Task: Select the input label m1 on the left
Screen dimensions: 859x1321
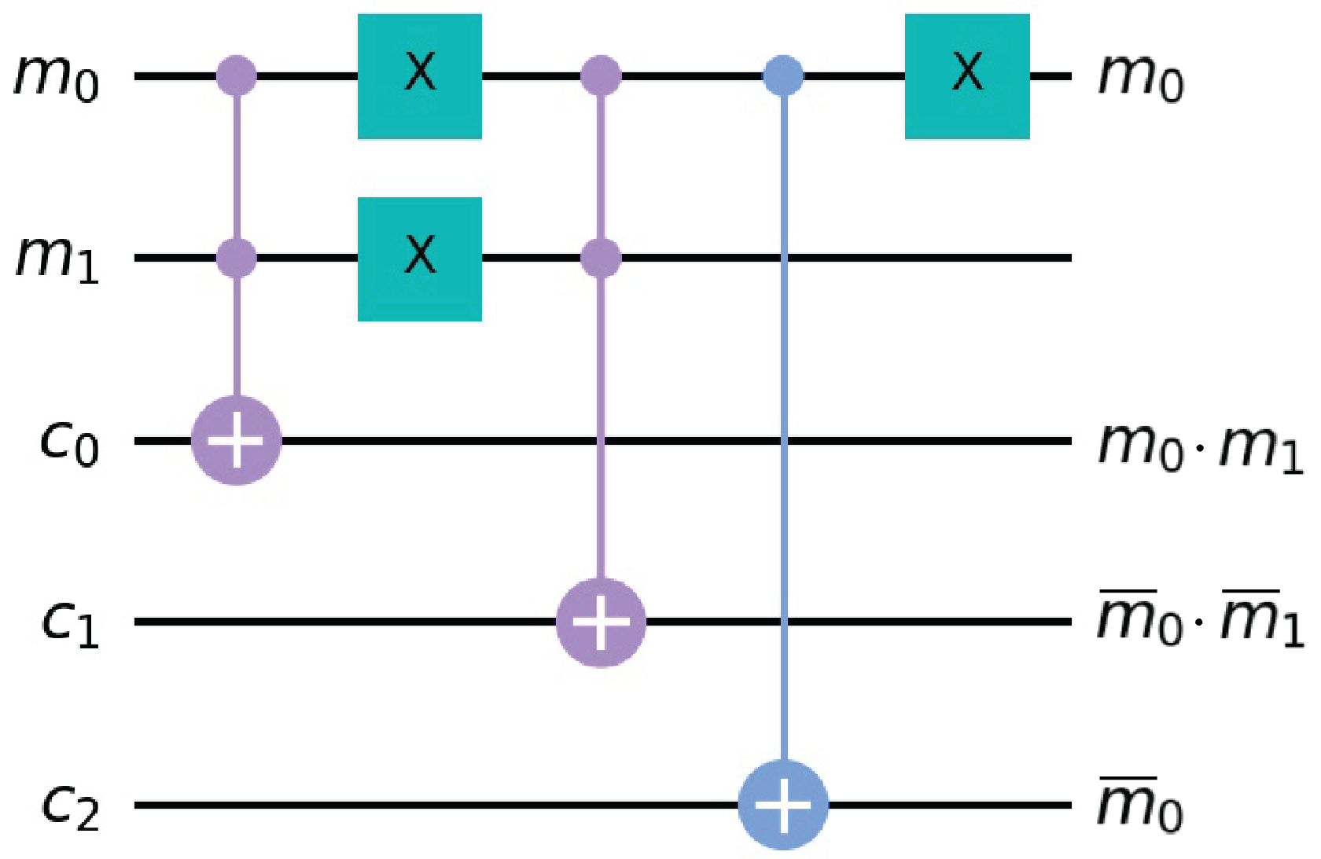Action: (x=57, y=259)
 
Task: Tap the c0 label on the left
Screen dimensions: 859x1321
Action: (x=69, y=443)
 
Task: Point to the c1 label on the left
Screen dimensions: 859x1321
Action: (x=69, y=624)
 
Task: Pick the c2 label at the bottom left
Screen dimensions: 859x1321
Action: (x=69, y=807)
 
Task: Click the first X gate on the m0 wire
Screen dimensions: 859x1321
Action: (x=420, y=76)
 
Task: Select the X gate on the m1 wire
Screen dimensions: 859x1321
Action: (x=420, y=259)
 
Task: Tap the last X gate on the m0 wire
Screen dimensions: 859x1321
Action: (x=967, y=76)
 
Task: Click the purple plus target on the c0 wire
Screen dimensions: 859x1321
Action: (x=237, y=441)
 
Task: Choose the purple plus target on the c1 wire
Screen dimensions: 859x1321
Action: (x=601, y=622)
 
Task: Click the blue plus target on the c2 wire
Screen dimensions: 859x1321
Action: (x=783, y=805)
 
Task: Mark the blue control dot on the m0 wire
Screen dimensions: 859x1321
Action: (x=784, y=76)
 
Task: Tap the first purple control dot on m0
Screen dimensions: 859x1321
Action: (x=237, y=76)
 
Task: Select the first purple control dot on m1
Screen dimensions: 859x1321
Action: (x=237, y=258)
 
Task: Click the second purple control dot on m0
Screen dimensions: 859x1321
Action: (x=601, y=76)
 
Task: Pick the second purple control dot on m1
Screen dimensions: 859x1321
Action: (x=601, y=258)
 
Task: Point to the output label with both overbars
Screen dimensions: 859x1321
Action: (x=1200, y=621)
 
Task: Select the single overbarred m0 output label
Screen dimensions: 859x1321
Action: (x=1140, y=805)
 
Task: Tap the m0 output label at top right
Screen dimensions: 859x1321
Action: (x=1140, y=79)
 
